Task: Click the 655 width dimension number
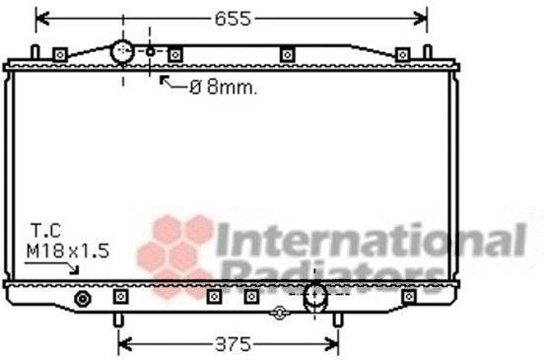click(x=233, y=19)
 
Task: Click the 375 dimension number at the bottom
click(x=233, y=344)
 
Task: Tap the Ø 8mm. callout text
click(x=224, y=88)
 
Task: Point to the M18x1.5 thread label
click(x=68, y=251)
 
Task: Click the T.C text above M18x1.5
click(x=45, y=231)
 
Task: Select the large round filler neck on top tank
click(x=122, y=52)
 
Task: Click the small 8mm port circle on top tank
click(x=150, y=52)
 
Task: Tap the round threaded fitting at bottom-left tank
click(x=83, y=299)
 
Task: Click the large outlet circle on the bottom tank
click(x=315, y=296)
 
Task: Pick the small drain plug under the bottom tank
click(x=280, y=313)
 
